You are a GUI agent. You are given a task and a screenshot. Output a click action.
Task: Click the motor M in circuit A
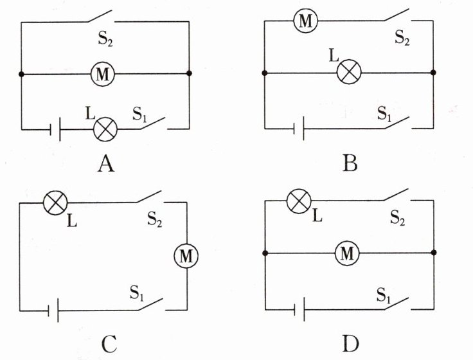pos(103,74)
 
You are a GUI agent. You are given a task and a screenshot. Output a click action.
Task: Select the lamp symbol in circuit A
pos(105,129)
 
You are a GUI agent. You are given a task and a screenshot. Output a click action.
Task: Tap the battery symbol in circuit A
pos(55,129)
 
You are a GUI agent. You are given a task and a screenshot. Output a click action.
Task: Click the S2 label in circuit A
pos(105,39)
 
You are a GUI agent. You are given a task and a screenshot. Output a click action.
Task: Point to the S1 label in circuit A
pos(139,114)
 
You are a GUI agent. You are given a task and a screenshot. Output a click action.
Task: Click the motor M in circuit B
pos(305,21)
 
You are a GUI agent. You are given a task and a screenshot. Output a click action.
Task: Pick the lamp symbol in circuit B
pos(349,72)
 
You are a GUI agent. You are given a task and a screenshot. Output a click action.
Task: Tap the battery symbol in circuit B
pos(299,129)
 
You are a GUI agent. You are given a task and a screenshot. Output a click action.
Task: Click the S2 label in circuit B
pos(402,38)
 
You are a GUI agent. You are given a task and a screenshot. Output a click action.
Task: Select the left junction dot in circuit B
pos(265,73)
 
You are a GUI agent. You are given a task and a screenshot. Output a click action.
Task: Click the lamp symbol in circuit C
pos(55,203)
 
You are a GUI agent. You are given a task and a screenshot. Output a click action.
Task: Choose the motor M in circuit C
pos(186,256)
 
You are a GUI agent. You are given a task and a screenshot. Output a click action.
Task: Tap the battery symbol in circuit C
pos(53,310)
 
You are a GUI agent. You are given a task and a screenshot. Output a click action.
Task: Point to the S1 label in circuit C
pos(137,292)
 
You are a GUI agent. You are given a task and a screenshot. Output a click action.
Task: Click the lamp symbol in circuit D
pos(299,201)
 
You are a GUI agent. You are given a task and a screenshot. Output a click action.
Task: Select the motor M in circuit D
pos(347,253)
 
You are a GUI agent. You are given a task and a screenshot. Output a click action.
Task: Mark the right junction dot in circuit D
pos(434,252)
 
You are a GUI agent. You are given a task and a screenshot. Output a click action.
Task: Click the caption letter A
pos(106,165)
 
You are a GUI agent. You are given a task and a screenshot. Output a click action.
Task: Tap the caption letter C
pos(109,345)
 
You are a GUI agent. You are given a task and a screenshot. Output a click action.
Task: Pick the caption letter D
pos(350,344)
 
